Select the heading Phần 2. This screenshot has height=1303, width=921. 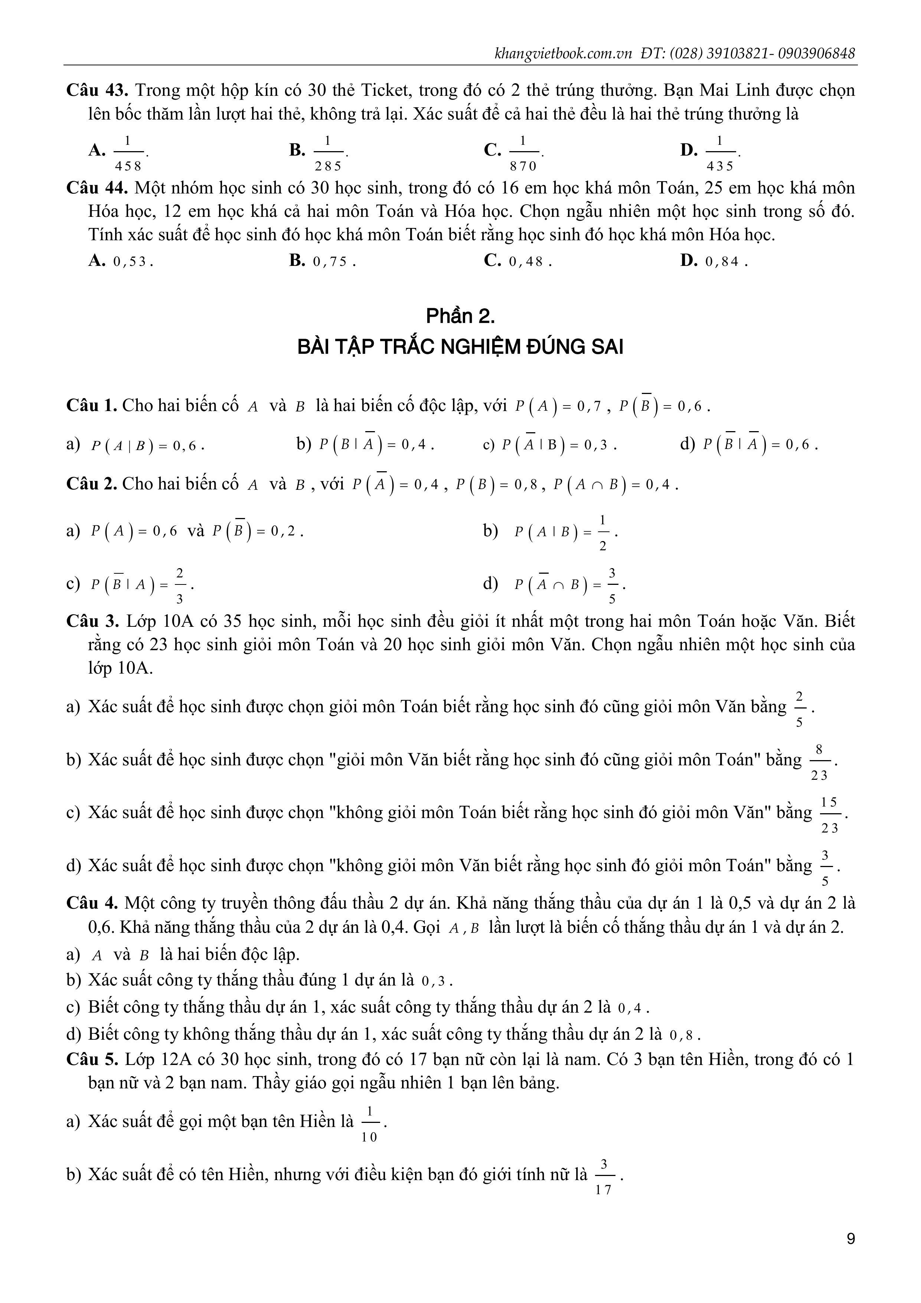tap(460, 316)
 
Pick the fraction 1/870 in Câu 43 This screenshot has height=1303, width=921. tap(523, 153)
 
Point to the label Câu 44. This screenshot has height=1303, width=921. tap(98, 188)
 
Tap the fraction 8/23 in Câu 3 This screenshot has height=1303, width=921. tap(819, 761)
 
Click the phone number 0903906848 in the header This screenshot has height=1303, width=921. tap(817, 53)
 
